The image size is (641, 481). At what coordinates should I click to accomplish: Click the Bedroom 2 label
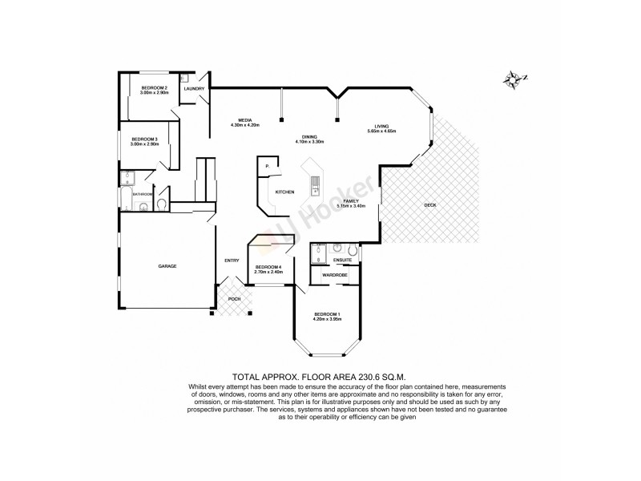coord(154,87)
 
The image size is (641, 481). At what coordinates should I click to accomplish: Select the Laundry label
coord(195,88)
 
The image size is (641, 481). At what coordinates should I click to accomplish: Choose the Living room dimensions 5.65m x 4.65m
coord(382,131)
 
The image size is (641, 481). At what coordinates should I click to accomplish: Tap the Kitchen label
coord(285,192)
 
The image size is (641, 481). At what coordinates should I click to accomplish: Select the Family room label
coord(350,200)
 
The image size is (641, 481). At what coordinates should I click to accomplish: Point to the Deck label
coord(430,205)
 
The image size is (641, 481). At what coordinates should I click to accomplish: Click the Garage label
coord(167,266)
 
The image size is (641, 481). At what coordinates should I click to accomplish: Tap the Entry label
coord(232,260)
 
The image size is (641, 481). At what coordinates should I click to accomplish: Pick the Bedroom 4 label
coord(268,267)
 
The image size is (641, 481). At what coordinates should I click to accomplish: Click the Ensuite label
coord(343,259)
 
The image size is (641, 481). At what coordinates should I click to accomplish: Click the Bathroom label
coord(143,194)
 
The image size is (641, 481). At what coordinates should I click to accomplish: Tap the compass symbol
coord(514,79)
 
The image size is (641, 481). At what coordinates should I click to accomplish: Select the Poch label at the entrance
coord(234,299)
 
